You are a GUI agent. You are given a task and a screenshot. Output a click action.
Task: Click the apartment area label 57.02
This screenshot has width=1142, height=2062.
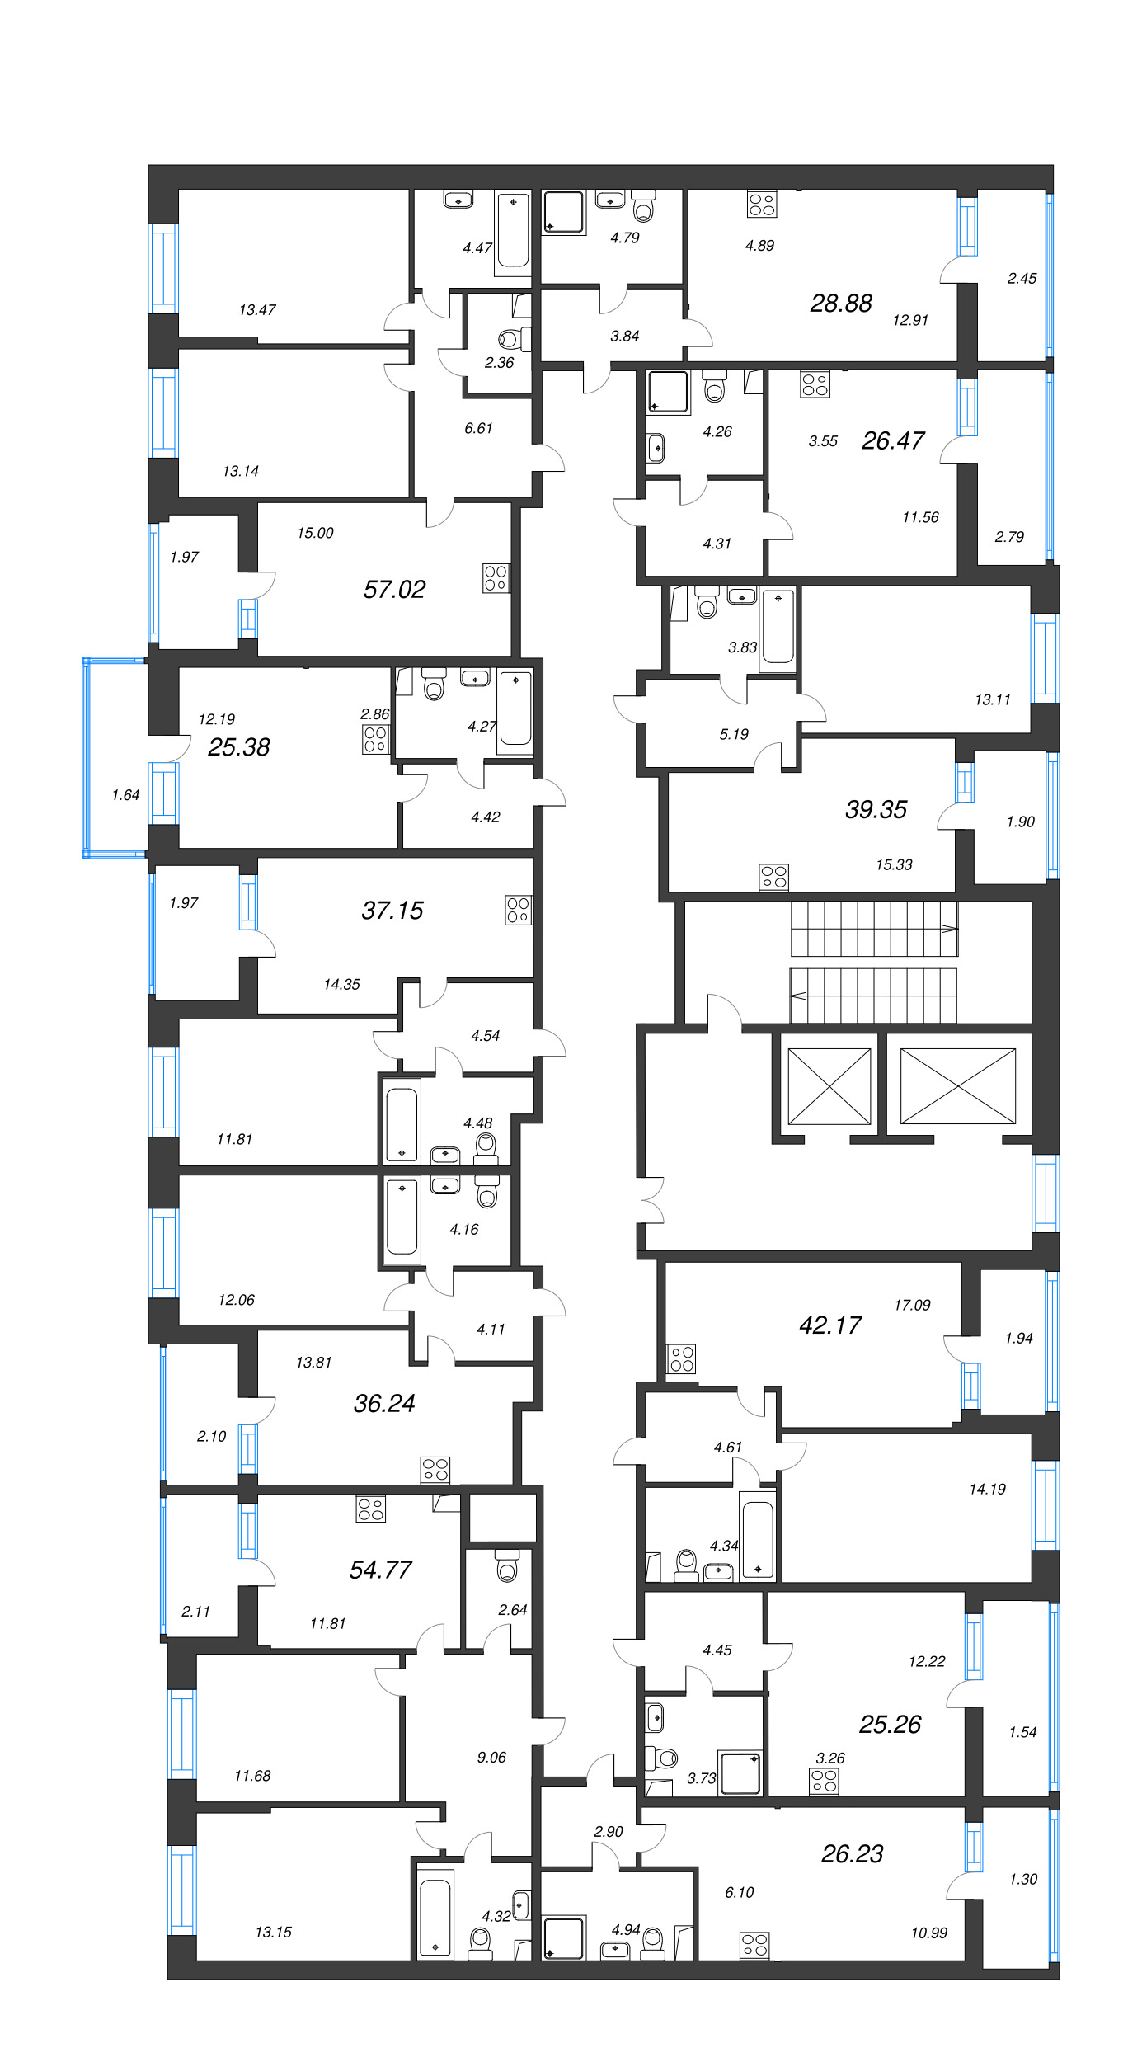(394, 589)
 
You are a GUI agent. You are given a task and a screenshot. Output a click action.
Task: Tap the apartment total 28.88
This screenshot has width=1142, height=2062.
(840, 304)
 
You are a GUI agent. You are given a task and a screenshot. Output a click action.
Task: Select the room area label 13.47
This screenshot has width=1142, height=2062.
(257, 310)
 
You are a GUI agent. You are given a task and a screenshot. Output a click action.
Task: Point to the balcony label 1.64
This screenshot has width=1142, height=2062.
(125, 795)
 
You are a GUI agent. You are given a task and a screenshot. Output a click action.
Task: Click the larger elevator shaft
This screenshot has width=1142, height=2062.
(957, 1085)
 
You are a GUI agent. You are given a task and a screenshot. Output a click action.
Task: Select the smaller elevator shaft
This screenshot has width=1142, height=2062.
(829, 1085)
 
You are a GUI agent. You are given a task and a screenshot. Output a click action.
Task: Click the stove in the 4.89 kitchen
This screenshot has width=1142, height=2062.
(761, 204)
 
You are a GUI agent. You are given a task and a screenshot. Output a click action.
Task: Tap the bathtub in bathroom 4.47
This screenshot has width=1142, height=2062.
(513, 232)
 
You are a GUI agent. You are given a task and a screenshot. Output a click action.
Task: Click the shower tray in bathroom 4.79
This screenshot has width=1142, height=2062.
(564, 213)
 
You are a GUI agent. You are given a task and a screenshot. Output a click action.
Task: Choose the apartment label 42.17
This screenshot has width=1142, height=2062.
(830, 1325)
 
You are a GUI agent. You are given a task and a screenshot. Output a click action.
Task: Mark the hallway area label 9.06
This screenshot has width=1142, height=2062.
(491, 1757)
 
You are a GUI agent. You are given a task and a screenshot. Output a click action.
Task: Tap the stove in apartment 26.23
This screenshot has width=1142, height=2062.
(754, 1945)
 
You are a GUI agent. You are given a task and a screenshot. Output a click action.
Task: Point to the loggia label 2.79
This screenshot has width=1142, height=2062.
(1008, 537)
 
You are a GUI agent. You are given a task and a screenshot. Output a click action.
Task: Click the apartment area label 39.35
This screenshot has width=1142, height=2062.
(876, 809)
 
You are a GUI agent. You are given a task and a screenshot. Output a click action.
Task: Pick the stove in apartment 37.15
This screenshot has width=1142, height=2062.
(518, 910)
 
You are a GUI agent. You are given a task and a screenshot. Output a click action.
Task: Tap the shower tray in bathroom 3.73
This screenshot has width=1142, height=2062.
(740, 1773)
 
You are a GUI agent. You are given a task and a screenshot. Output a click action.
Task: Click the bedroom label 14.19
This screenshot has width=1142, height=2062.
(987, 1489)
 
